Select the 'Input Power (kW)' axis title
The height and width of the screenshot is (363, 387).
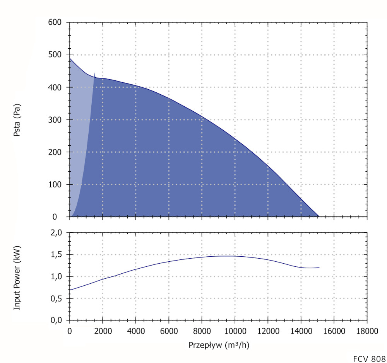(x=16, y=277)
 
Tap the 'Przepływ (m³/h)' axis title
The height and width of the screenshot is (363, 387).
(x=219, y=345)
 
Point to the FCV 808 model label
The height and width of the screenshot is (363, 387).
(x=369, y=358)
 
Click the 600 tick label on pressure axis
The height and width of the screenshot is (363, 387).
(x=55, y=22)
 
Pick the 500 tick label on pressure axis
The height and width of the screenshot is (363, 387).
(x=55, y=55)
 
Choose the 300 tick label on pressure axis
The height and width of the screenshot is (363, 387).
(x=55, y=120)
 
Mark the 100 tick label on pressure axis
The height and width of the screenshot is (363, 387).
(x=55, y=185)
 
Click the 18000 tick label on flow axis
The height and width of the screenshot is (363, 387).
(x=367, y=331)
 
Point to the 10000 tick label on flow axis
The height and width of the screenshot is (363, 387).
(x=235, y=331)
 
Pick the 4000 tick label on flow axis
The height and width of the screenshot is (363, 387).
(x=135, y=331)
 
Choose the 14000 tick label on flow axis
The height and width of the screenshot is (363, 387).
(x=301, y=331)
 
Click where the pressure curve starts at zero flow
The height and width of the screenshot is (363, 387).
(x=70, y=58)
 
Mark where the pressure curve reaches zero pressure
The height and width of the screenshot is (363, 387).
(x=319, y=216)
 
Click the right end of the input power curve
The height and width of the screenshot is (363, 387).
(x=319, y=268)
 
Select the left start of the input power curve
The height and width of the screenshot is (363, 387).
(x=70, y=290)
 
